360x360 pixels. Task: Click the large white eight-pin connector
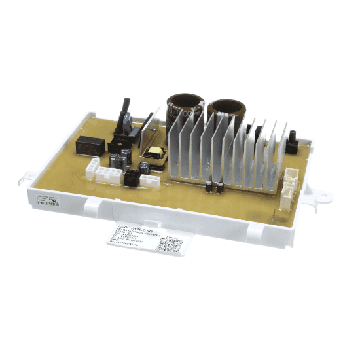coord(106,175)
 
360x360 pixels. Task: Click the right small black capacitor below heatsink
coord(220,188)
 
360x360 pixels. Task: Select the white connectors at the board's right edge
coord(289,184)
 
